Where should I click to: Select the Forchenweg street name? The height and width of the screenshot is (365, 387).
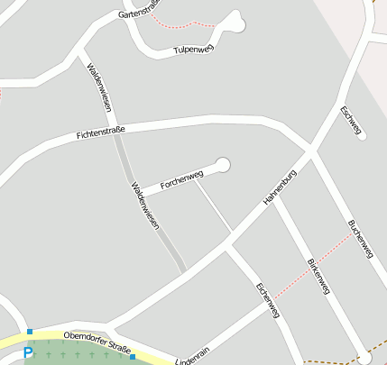pos(181,178)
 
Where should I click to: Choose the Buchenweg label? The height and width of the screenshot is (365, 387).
pos(360,239)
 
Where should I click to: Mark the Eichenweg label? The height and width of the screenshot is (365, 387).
pos(268,300)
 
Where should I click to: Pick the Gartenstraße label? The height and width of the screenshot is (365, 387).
pos(139,10)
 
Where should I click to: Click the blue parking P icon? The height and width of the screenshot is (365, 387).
pos(28,352)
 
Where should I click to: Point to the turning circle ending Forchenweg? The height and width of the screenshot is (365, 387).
pos(223,164)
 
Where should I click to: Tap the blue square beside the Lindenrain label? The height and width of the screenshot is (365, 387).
pos(132,357)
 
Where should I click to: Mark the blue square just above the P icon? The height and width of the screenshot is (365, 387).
pos(30,333)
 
